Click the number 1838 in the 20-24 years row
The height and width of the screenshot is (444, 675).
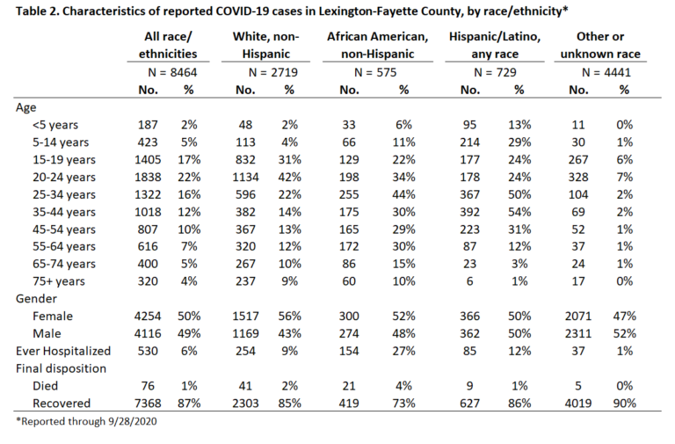148,177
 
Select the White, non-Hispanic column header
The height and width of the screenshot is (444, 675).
265,45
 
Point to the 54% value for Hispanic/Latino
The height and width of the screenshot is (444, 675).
519,212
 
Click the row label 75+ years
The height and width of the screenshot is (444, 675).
59,281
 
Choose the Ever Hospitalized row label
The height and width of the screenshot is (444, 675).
63,351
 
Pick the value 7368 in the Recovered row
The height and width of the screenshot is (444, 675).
148,403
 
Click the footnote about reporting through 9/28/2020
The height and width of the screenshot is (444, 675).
86,421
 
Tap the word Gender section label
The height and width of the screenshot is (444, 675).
36,299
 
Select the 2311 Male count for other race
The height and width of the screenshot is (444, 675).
578,333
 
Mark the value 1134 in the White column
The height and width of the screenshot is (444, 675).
245,177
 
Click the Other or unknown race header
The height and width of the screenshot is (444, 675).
600,45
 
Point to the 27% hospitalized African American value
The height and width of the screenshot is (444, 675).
403,351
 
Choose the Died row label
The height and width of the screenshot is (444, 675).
45,386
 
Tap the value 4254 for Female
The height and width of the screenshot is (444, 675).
148,317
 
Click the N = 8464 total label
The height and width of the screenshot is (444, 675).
172,72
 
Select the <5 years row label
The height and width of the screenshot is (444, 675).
55,125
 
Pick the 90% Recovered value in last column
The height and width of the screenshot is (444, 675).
624,403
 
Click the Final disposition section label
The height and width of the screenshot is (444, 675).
62,368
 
